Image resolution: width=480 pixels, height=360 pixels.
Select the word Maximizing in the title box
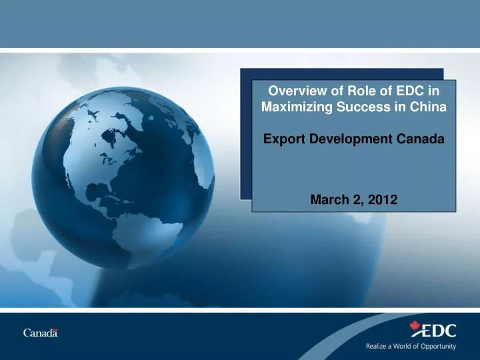pyautogui.click(x=289, y=107)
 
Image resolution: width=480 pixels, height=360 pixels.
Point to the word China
pyautogui.click(x=427, y=107)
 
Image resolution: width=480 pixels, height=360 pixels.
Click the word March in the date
pyautogui.click(x=328, y=198)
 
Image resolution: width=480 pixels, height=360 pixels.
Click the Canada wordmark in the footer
pyautogui.click(x=40, y=333)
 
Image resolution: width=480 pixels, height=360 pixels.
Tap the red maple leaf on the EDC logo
pyautogui.click(x=415, y=327)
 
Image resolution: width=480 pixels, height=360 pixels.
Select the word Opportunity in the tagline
pyautogui.click(x=437, y=347)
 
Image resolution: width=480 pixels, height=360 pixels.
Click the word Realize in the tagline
pyautogui.click(x=377, y=347)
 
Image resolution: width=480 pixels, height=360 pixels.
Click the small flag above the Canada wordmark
pyautogui.click(x=55, y=329)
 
